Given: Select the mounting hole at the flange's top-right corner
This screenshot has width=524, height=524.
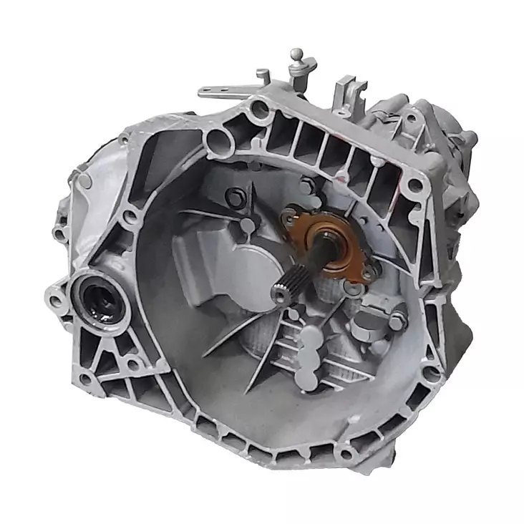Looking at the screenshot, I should [414, 185].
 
